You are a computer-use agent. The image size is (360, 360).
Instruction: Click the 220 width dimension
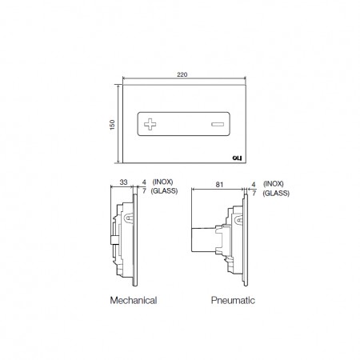182,74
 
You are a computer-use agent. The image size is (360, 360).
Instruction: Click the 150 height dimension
112,125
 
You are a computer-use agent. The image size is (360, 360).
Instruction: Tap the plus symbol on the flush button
150,124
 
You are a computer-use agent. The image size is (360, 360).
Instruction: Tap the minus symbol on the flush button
218,124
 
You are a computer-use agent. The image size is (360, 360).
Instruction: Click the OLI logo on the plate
237,158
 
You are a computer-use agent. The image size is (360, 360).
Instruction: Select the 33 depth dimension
123,182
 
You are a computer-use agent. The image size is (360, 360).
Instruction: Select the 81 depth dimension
219,185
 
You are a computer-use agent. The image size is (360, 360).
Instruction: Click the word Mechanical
134,300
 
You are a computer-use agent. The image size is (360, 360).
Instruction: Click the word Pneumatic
233,300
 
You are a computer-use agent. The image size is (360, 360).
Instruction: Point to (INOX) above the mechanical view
162,182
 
